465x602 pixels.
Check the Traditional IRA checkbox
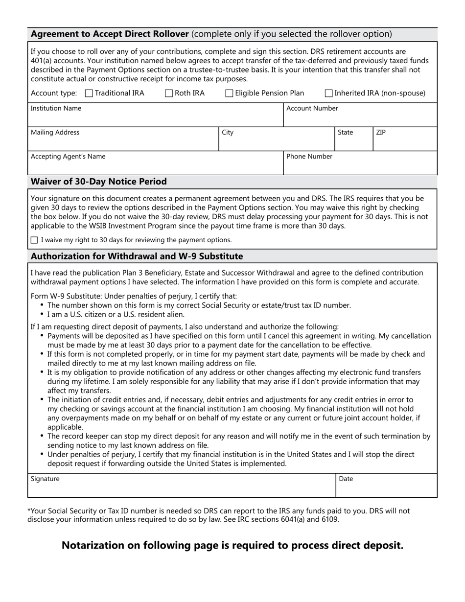point(89,93)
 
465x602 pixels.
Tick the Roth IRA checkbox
point(169,93)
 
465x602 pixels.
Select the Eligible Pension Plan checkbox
point(229,93)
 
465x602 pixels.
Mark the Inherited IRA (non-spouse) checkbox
point(329,93)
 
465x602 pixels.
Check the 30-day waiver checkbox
point(34,240)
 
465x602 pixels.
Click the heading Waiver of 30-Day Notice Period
point(99,182)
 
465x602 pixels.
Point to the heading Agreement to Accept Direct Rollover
point(110,34)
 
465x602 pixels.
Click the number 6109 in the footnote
point(328,519)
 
